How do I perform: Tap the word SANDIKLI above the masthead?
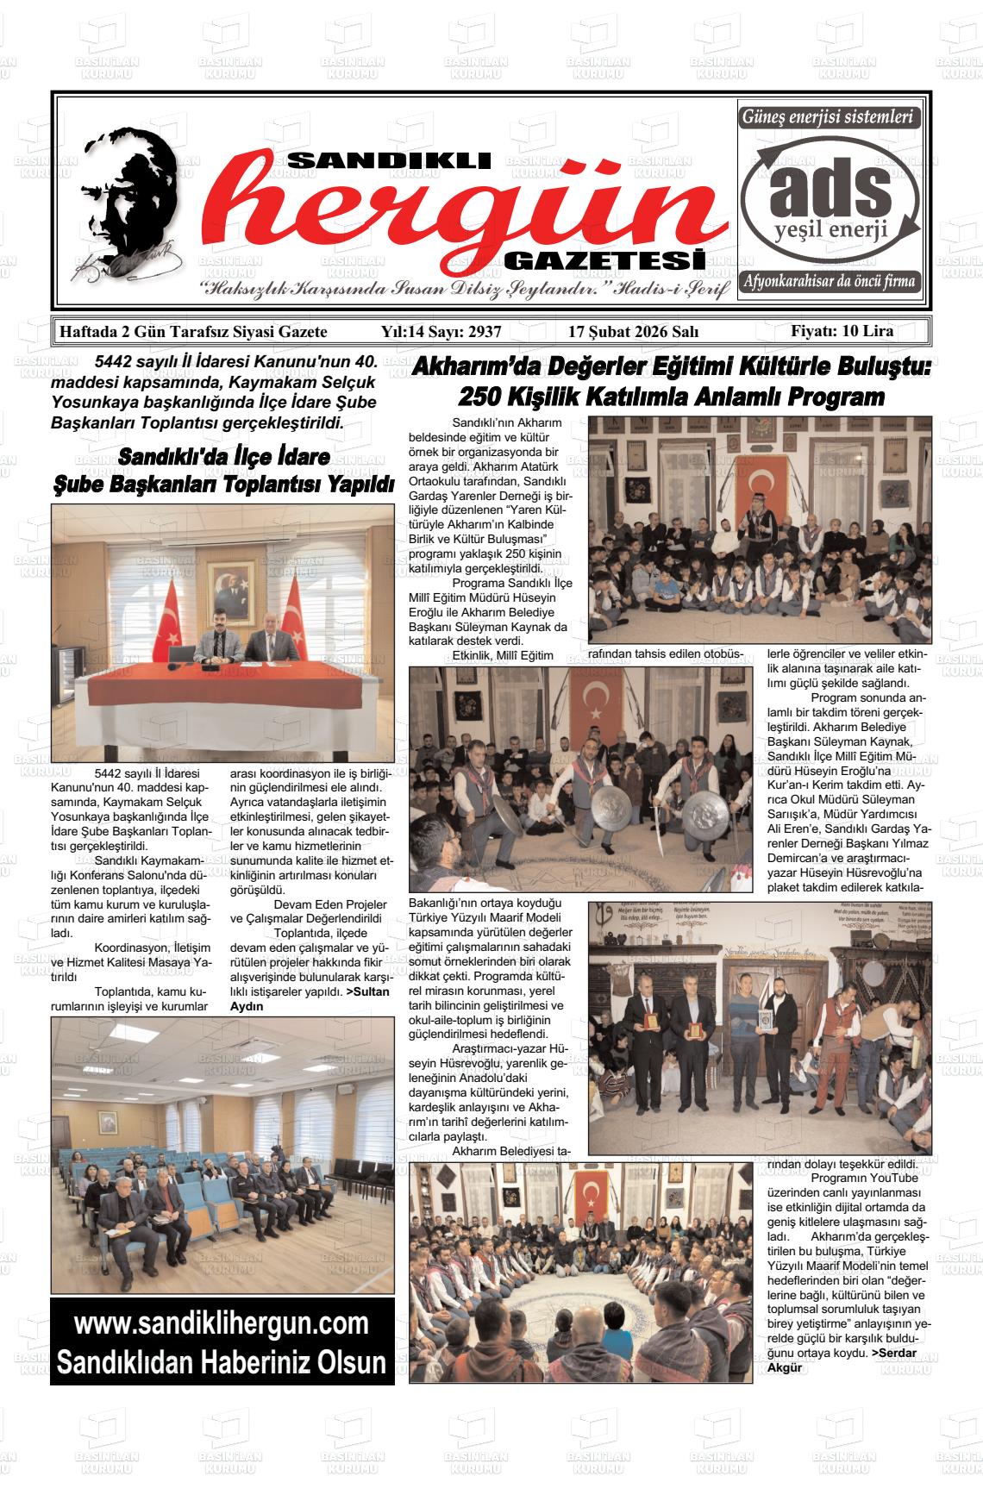(x=388, y=160)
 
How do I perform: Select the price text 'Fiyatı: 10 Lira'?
(x=842, y=331)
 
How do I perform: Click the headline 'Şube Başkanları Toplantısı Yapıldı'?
(x=223, y=484)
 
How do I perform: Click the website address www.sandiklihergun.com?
(x=222, y=1323)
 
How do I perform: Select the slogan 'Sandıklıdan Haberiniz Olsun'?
(x=222, y=1362)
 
